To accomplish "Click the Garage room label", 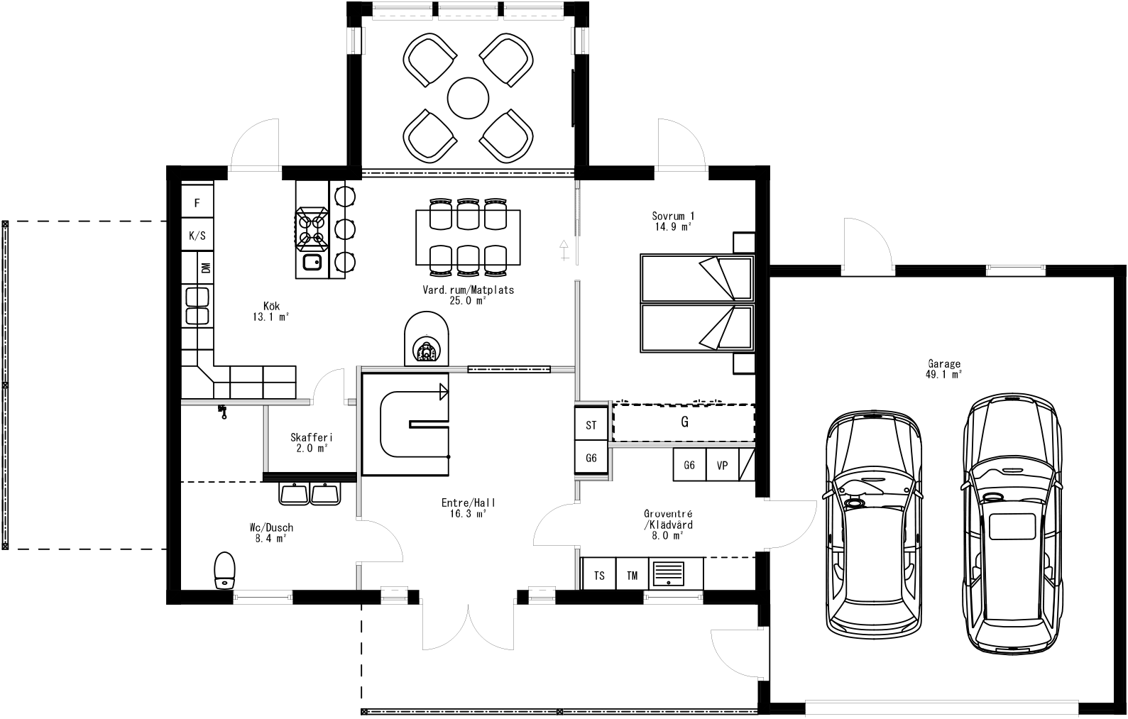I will coord(943,368).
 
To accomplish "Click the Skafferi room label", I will coord(312,442).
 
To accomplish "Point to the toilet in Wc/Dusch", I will coord(224,570).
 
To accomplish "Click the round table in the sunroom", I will coord(468,97).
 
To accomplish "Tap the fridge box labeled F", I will coord(197,203).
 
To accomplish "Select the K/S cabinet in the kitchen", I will coord(197,236).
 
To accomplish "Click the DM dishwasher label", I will coord(206,268).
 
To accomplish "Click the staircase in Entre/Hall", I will coord(405,424).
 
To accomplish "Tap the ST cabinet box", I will coord(591,425).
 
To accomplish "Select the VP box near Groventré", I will coord(722,466).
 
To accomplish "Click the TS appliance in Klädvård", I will coord(599,576).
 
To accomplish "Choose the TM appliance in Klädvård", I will coord(632,576).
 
